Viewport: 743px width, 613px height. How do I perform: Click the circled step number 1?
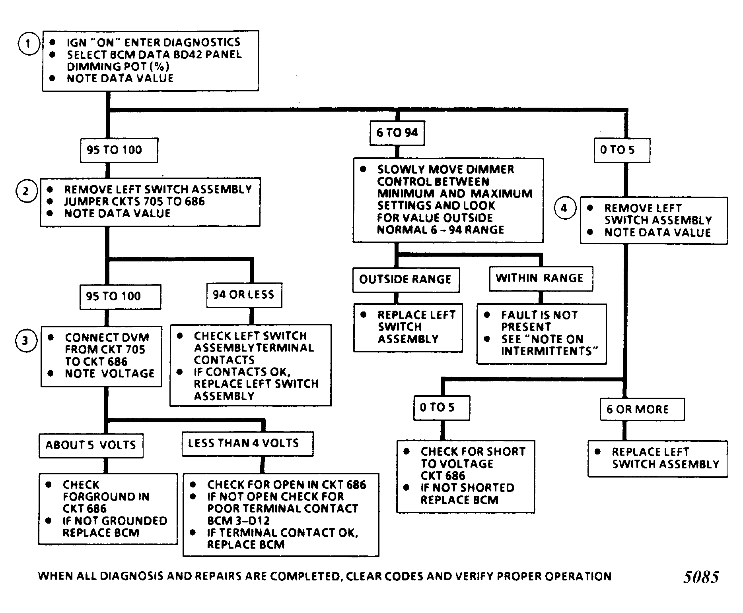point(28,44)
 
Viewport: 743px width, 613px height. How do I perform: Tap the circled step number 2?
point(26,191)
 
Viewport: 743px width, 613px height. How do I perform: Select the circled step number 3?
point(25,340)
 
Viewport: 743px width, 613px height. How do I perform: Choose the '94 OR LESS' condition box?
point(244,295)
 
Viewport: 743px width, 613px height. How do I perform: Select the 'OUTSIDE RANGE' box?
point(406,280)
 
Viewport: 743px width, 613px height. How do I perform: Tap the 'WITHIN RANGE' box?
point(541,278)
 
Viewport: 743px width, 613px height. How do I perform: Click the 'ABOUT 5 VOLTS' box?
point(91,445)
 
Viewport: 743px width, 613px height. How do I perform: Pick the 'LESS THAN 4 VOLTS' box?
point(247,444)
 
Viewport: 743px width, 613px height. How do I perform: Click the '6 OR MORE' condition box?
point(642,410)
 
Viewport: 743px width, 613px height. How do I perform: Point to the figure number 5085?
point(701,577)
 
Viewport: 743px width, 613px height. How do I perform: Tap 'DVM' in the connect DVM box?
point(135,338)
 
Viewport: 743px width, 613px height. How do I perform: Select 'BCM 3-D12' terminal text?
point(239,520)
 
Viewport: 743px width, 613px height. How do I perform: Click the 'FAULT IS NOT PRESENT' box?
point(541,334)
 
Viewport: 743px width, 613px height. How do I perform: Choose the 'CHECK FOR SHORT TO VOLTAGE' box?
point(465,476)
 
